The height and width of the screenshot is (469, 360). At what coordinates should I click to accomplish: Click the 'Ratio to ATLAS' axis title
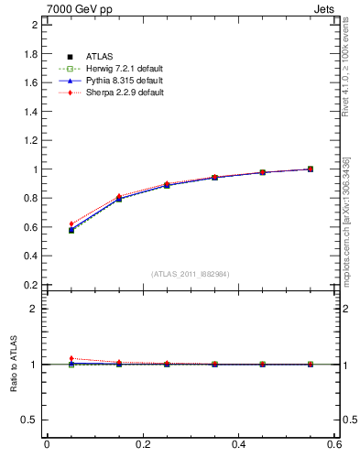tap(14, 364)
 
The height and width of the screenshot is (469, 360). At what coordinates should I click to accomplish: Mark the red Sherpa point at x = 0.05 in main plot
tap(71, 224)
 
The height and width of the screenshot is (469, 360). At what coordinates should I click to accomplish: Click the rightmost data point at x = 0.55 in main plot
tap(311, 169)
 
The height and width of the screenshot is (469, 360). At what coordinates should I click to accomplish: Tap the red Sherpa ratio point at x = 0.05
tap(71, 358)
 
